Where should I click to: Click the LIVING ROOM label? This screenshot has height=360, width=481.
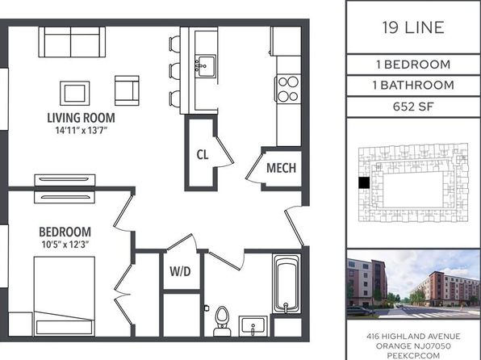(81, 118)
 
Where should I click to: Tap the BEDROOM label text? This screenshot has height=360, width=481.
(65, 232)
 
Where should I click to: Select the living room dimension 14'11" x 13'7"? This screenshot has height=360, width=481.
(81, 131)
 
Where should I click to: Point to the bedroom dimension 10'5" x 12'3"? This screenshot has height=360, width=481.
(65, 245)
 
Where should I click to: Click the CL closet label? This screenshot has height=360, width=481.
(203, 154)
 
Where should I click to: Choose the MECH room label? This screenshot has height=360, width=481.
(282, 168)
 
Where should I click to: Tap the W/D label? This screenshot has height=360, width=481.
(181, 271)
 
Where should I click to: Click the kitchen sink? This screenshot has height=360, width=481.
(206, 66)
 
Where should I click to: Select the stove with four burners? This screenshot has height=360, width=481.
(288, 89)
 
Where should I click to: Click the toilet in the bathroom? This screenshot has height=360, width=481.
(222, 321)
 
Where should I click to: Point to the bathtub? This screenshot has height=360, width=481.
(286, 283)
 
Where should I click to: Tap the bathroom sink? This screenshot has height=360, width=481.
(253, 326)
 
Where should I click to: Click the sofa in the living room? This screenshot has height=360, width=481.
(72, 42)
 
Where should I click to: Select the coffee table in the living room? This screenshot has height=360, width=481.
(75, 94)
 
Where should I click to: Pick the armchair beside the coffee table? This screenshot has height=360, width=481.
(127, 90)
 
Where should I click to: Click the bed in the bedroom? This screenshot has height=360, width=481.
(64, 296)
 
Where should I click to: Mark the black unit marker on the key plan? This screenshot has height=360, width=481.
(364, 183)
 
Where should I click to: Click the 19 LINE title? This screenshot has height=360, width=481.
(413, 27)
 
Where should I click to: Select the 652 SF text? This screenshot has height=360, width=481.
(413, 107)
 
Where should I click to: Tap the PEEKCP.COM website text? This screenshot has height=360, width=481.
(413, 355)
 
